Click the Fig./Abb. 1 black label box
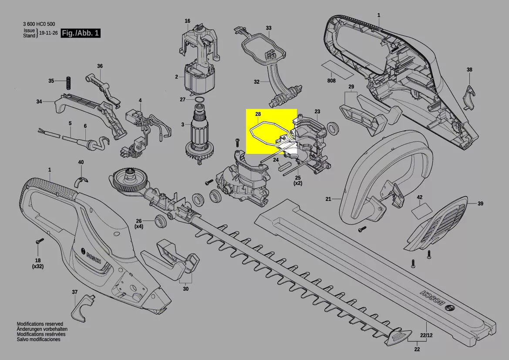pos(81,33)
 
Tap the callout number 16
pos(187,21)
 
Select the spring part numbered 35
pos(68,82)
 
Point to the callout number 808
pos(331,81)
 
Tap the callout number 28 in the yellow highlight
pos(258,114)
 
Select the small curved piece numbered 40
pos(81,181)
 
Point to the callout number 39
pos(480,204)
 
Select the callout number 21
pos(328,199)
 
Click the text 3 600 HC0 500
pos(39,24)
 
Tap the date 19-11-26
pos(48,33)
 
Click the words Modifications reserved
pos(40,324)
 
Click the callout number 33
pos(269,28)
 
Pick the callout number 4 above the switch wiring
pos(140,100)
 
